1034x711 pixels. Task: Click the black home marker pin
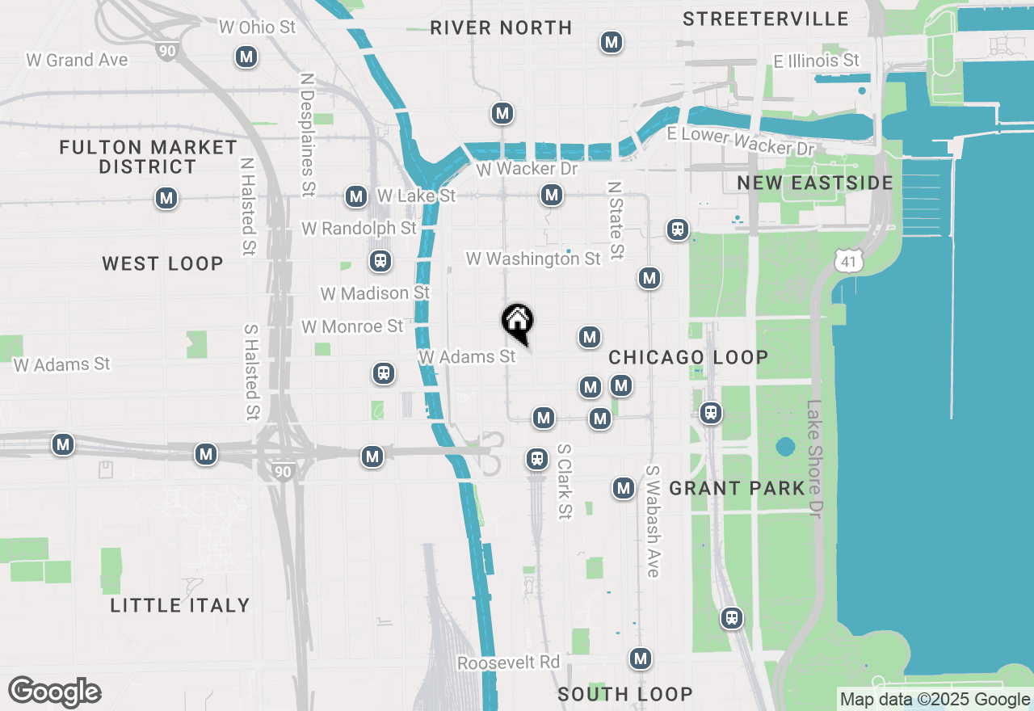[x=518, y=322]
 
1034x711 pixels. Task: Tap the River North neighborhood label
[x=501, y=27]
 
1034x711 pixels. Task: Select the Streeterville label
[x=765, y=19]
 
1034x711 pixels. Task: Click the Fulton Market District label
[x=148, y=157]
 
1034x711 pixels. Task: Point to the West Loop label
[x=162, y=263]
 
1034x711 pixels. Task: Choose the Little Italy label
[x=180, y=604]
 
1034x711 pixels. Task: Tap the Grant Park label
[x=737, y=488]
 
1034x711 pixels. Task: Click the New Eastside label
[x=815, y=183]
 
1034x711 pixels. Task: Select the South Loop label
[x=624, y=694]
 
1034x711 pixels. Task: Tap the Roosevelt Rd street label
[x=508, y=663]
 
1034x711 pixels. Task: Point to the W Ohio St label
[x=258, y=27]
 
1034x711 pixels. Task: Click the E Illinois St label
[x=816, y=61]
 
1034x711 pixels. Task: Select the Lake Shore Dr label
[x=814, y=458]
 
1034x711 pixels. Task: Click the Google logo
[x=54, y=692]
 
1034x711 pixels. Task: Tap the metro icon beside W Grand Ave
[x=246, y=57]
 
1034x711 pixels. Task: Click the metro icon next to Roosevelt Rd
[x=641, y=658]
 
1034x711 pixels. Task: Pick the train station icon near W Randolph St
[x=380, y=261]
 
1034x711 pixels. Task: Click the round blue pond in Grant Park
[x=785, y=447]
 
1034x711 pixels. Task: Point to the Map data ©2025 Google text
[x=935, y=700]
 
